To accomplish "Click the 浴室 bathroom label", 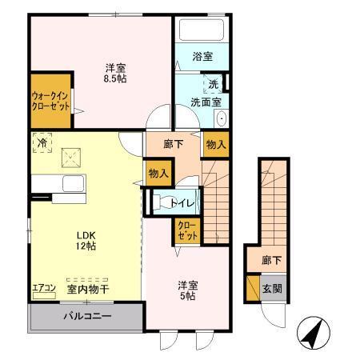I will tap(202, 56).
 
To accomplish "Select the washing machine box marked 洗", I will tap(213, 83).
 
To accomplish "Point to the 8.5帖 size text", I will tap(116, 78).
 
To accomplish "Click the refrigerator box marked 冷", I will tap(41, 143).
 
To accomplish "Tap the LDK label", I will tap(86, 234).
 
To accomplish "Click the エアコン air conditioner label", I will tap(43, 288).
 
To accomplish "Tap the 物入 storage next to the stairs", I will tap(214, 145).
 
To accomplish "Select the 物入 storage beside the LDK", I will tap(158, 173).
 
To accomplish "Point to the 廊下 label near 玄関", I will tap(271, 261).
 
